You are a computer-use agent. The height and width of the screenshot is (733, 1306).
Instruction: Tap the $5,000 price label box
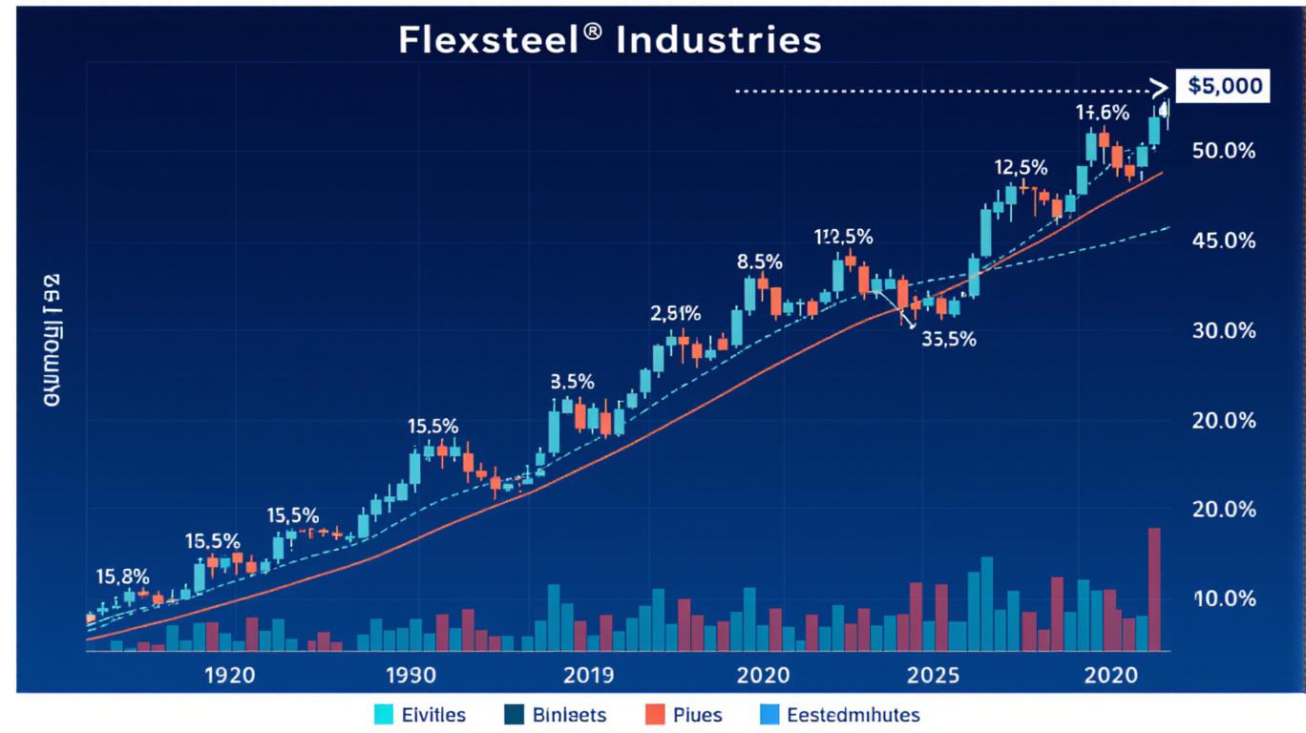[x=1225, y=87]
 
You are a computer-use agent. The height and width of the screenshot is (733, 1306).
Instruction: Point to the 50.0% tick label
[x=1224, y=152]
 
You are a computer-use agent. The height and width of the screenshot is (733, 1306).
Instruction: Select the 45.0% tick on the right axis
[x=1224, y=241]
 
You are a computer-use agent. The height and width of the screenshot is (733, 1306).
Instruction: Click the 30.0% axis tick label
[x=1224, y=331]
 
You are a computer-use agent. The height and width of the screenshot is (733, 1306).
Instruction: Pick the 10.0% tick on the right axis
[x=1224, y=599]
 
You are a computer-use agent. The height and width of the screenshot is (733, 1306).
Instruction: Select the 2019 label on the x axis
[x=588, y=676]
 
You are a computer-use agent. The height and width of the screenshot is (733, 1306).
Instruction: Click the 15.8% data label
[x=123, y=576]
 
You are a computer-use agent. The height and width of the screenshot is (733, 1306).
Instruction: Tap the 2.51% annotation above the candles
[x=676, y=313]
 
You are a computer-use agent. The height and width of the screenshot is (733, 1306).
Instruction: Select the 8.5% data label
[x=760, y=261]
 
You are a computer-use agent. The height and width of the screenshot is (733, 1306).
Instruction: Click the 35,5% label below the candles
[x=949, y=338]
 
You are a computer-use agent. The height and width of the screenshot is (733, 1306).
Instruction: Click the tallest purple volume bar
[x=1154, y=589]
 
